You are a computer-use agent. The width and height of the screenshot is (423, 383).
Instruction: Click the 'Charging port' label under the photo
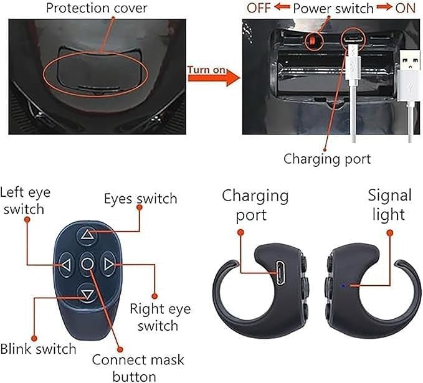point(327,158)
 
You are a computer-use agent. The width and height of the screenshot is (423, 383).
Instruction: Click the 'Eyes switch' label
point(140,199)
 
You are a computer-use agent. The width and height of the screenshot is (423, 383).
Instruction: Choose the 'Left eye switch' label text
point(26,201)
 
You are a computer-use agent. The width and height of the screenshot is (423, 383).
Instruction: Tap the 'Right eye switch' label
point(159,317)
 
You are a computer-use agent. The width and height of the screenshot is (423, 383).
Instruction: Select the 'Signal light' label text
point(389,205)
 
